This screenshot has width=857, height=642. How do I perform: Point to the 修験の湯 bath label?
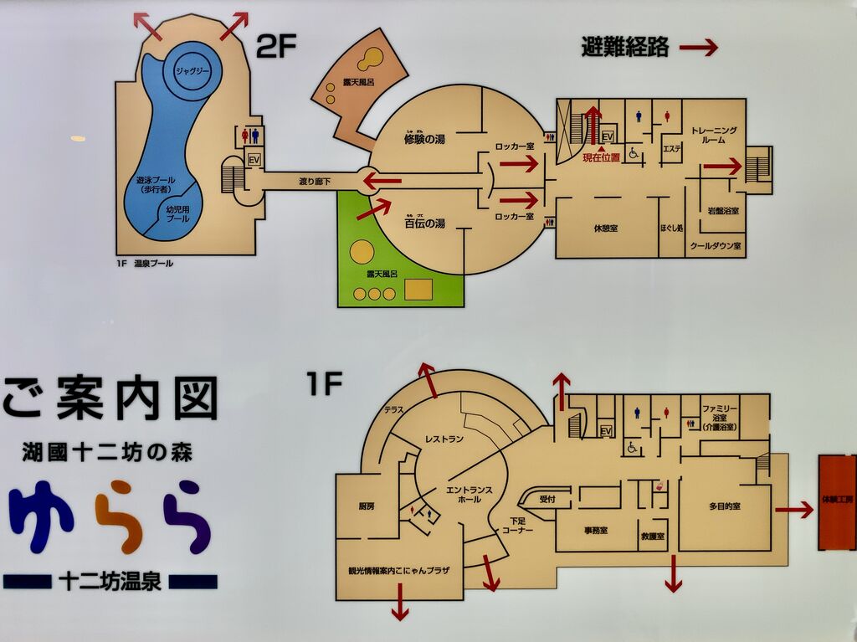click(424, 140)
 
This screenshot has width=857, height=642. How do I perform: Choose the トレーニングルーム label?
click(713, 136)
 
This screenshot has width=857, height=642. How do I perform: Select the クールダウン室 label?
click(716, 247)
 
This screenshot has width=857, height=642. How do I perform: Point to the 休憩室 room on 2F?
click(606, 228)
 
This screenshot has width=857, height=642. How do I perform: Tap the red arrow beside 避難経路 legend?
click(698, 48)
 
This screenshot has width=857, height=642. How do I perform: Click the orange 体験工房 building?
click(837, 502)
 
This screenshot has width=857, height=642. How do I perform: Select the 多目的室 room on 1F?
click(724, 507)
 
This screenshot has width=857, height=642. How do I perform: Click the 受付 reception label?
click(547, 498)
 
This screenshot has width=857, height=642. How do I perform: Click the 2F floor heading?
click(276, 47)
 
